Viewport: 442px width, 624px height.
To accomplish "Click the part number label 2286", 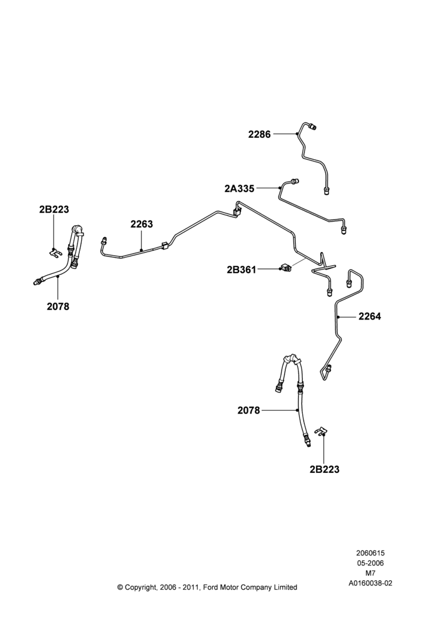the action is coord(259,135).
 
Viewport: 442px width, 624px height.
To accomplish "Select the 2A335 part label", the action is coord(239,188).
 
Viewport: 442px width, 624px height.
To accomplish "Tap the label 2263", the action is coord(141,225).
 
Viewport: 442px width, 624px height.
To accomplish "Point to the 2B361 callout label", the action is coord(242,270).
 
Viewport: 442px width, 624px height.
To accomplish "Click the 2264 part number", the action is coord(370,317).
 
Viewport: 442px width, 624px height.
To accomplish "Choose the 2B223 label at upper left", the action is coord(54,209).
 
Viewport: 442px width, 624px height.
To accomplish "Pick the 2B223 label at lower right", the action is coord(325,470).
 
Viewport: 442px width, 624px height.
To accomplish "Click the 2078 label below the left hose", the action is coord(57,306).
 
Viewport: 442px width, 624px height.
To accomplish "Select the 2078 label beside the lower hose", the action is coord(248,411).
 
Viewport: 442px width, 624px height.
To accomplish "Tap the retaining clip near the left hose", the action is coord(54,252).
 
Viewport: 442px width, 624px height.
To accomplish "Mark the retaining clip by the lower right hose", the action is coord(321,432).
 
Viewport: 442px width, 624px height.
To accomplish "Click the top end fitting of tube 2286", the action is coord(314,127).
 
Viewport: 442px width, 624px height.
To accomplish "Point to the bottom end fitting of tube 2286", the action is coord(327,191).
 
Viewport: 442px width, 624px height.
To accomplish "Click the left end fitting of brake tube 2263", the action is coord(104,240).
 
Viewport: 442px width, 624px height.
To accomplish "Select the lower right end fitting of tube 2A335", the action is coord(344,230).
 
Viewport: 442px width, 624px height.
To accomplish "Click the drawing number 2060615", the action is coord(370,553).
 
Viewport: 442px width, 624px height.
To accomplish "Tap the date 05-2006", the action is coord(370,563).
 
